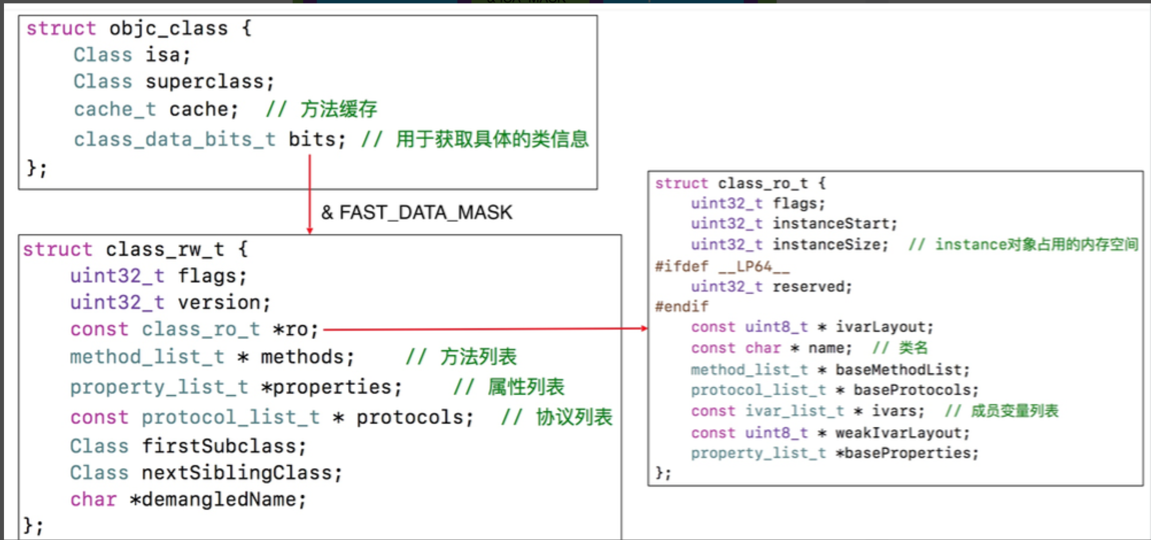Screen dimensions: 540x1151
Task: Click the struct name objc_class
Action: tap(168, 29)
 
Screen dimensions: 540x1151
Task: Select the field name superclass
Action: tap(209, 82)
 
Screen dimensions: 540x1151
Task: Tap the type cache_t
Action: tap(115, 109)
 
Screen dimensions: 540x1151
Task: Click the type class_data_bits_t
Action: tap(175, 139)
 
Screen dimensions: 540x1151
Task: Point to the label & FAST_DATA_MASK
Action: tap(416, 213)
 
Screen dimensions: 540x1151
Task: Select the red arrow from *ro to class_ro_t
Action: tap(485, 329)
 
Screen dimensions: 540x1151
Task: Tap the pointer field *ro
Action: tap(295, 329)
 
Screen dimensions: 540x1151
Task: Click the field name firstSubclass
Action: tap(223, 446)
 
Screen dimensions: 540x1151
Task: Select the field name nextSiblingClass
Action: tap(241, 473)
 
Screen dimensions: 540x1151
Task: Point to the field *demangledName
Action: tap(218, 499)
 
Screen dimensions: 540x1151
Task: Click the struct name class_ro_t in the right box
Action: tap(763, 183)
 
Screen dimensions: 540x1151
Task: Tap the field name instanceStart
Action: tap(833, 223)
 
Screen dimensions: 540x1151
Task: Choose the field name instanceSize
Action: tap(829, 245)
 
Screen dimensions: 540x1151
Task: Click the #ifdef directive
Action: tap(682, 267)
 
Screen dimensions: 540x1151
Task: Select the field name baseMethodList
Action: tap(901, 369)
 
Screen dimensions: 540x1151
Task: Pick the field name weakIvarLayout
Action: tap(901, 433)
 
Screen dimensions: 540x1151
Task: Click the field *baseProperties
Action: tap(907, 453)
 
